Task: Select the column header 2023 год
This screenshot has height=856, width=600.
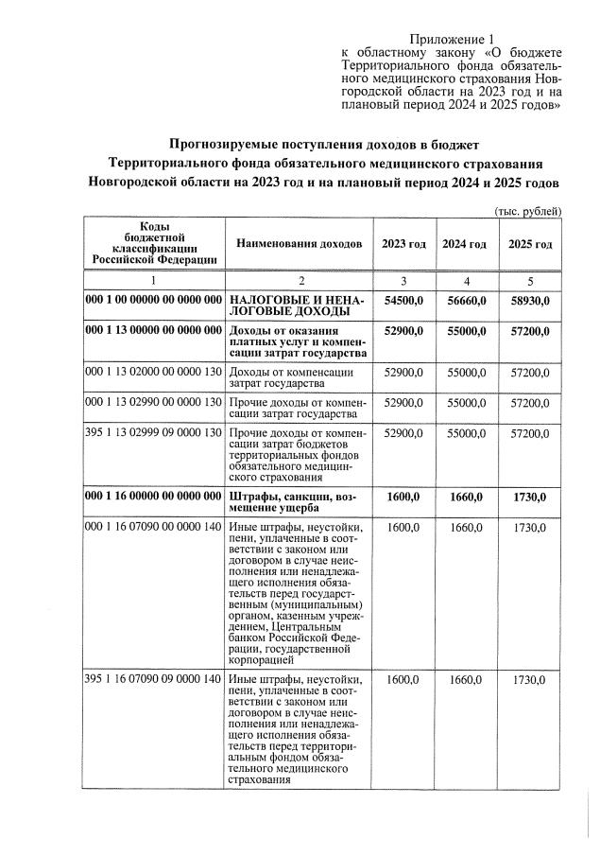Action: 403,244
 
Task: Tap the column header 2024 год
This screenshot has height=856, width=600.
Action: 465,244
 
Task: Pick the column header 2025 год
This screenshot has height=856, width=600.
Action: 530,244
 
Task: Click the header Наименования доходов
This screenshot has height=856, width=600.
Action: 299,244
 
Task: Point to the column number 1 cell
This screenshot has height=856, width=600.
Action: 154,281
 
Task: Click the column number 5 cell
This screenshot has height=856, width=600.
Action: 530,281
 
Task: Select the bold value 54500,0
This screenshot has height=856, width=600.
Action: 403,299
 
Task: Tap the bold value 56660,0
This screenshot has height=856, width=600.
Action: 465,299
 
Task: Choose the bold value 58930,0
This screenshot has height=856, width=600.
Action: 530,299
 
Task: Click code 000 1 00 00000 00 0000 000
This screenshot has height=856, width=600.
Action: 154,299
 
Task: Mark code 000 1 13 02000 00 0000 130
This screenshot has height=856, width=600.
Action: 154,373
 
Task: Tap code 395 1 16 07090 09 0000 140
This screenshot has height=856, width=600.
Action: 154,679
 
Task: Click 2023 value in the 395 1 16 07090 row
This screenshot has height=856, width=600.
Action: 403,679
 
